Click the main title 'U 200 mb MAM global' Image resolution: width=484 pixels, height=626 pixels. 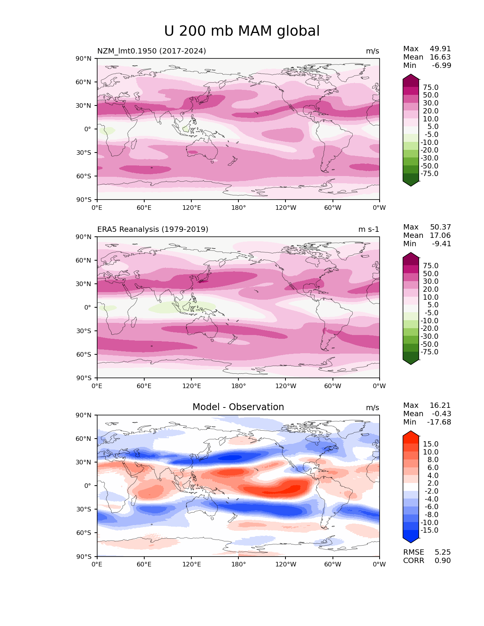tap(242, 31)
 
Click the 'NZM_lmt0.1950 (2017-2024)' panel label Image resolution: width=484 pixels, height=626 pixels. tap(151, 51)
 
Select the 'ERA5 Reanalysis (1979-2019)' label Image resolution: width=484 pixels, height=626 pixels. tap(153, 229)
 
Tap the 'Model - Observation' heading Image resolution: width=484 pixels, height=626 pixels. tap(238, 407)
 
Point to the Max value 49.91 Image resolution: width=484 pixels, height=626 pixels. tap(440, 49)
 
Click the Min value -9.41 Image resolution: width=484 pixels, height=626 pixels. tap(441, 244)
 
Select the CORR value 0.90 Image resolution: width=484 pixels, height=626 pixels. tap(443, 560)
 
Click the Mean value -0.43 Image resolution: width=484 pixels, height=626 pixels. tap(441, 414)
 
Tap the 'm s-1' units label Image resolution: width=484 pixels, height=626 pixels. tap(369, 229)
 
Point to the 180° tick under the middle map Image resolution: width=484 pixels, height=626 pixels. tap(238, 386)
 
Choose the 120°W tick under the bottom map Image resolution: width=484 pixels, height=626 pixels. tap(285, 564)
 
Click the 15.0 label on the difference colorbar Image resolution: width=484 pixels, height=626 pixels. tap(430, 444)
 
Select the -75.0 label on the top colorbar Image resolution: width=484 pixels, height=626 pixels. tap(429, 173)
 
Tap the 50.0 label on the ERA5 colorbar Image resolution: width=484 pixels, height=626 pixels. tap(430, 274)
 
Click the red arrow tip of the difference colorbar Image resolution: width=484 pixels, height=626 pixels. tap(411, 434)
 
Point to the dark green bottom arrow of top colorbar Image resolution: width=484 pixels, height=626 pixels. tap(411, 183)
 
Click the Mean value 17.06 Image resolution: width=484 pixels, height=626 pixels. tap(440, 235)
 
